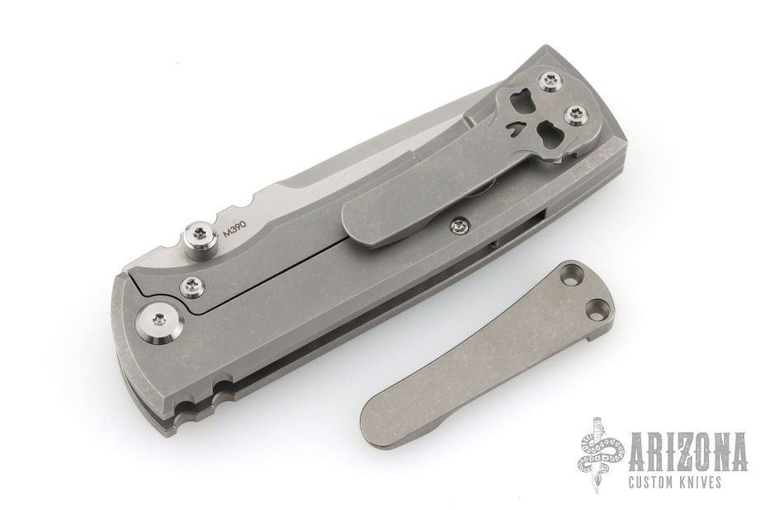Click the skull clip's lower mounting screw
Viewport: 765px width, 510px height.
576,116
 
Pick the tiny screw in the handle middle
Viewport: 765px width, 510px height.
458,225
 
